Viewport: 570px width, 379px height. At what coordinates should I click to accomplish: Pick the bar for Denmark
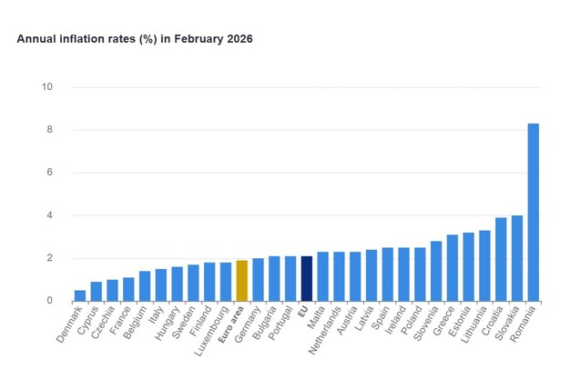tap(80, 295)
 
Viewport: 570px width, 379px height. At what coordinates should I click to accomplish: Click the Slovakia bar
tap(517, 258)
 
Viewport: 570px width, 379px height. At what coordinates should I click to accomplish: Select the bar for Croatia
tap(501, 259)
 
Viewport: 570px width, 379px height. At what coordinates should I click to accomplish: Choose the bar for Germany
tap(258, 279)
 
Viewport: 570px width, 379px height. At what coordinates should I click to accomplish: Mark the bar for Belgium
tap(145, 285)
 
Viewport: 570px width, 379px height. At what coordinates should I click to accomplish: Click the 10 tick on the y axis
tap(47, 87)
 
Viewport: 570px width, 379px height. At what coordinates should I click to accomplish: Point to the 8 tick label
tap(49, 130)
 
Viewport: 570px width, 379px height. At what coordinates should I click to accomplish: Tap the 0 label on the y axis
tap(49, 301)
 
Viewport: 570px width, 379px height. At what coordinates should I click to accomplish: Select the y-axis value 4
tap(49, 215)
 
